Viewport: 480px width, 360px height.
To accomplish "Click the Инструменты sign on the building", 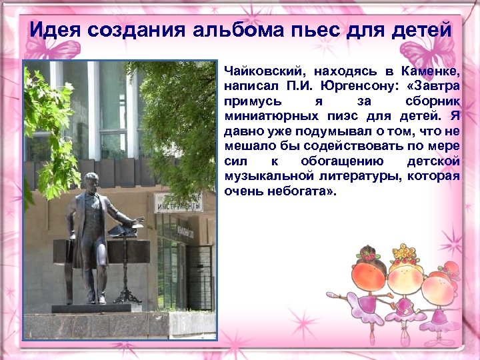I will click(178, 203).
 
